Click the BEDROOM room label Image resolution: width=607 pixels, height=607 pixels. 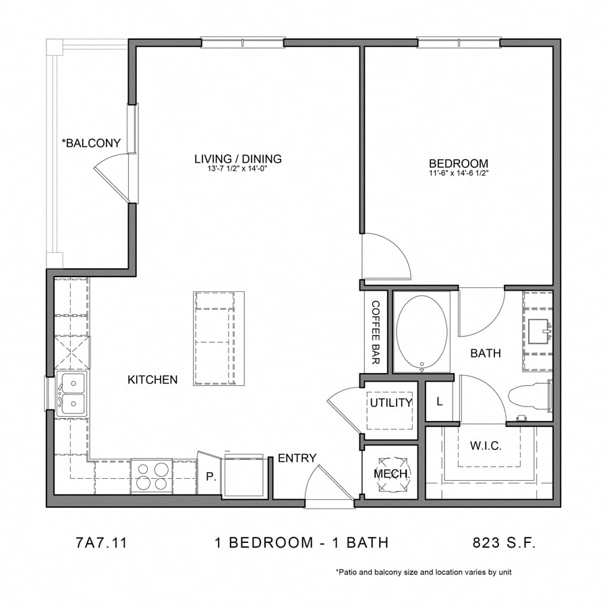point(459,163)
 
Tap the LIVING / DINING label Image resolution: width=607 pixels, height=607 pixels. point(237,159)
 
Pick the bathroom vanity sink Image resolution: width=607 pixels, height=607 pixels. point(539,331)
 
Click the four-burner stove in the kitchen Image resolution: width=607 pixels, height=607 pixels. point(152,475)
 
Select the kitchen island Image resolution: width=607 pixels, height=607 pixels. point(219,339)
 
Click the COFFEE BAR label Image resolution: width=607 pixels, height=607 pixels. point(376,332)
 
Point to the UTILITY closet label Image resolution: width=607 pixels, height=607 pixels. point(391,403)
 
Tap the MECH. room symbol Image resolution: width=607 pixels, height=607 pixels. point(391,473)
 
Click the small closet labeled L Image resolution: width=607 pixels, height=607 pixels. point(440,402)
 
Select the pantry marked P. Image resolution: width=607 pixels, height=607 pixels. point(210,475)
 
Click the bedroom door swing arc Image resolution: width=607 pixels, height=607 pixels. point(388,256)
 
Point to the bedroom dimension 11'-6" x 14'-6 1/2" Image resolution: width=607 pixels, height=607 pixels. point(459,173)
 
